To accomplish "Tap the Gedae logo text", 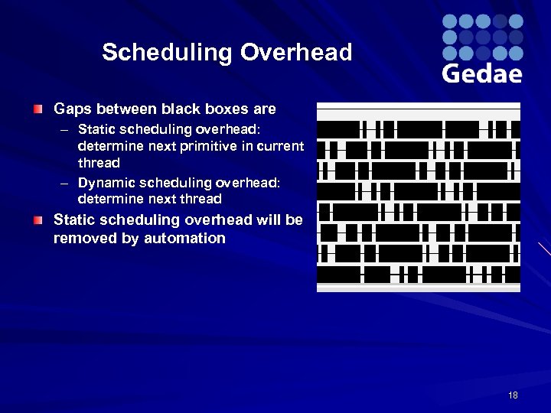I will click(482, 73).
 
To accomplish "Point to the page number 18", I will click(512, 395).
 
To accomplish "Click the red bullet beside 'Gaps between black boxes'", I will click(38, 110).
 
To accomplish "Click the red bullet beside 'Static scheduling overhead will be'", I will click(38, 220).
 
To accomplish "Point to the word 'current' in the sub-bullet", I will click(282, 145).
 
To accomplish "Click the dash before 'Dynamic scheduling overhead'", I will click(66, 183).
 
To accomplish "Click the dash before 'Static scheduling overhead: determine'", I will click(66, 128).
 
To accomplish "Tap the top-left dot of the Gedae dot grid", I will click(450, 21).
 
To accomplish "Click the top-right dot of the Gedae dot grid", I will click(516, 21).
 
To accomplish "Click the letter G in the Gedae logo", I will click(452, 73).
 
